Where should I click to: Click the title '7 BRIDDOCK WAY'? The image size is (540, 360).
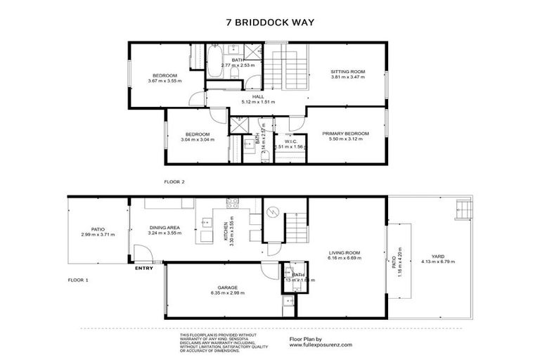270,22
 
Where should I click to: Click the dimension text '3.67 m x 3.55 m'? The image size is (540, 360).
165,81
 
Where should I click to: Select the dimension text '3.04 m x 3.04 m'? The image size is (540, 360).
197,139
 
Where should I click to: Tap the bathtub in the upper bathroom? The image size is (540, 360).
213,55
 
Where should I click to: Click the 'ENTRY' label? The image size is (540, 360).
143,268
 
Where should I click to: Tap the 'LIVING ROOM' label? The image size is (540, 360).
344,252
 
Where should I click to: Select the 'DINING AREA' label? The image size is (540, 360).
166,227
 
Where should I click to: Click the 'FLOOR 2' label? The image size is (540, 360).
174,182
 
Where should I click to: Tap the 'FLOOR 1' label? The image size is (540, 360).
78,280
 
